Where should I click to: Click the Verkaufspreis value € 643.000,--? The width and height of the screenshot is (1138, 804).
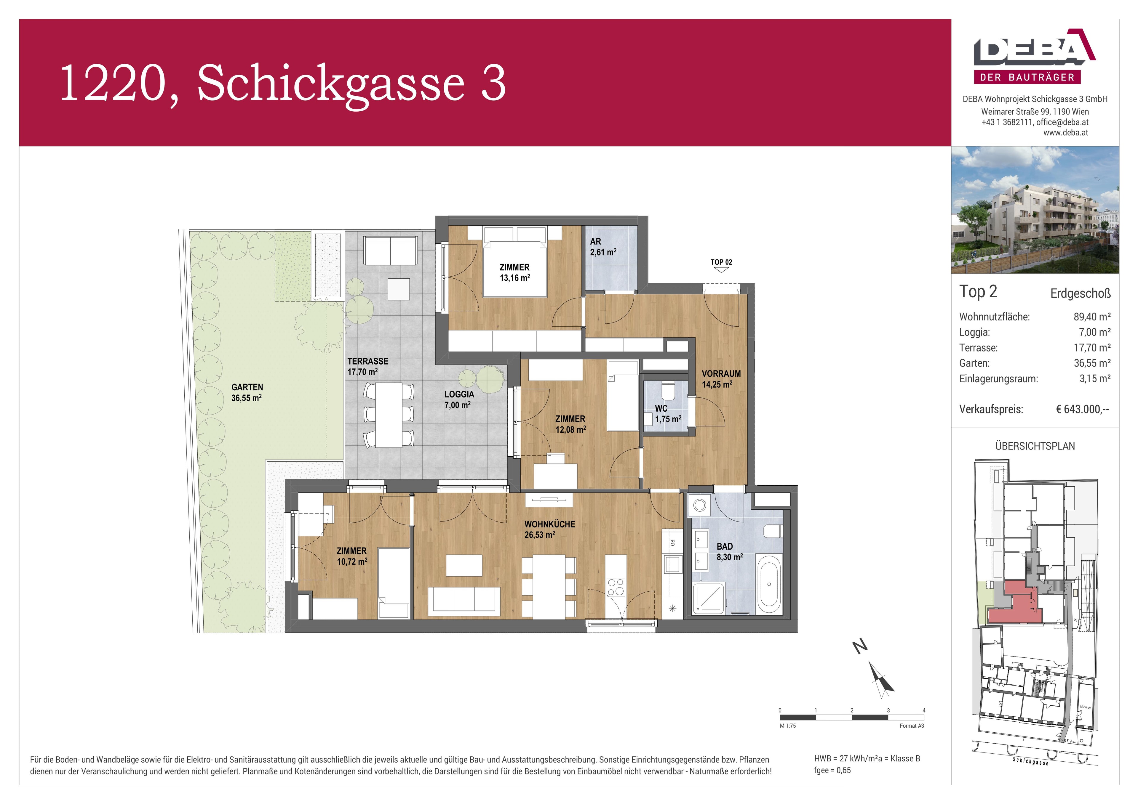pyautogui.click(x=1082, y=409)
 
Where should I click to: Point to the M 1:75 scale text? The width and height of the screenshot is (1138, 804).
pyautogui.click(x=788, y=726)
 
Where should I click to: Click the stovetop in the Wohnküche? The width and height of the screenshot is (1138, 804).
pyautogui.click(x=616, y=588)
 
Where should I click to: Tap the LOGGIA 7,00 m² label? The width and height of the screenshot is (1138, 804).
pyautogui.click(x=458, y=399)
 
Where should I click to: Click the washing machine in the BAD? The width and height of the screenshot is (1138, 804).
pyautogui.click(x=699, y=505)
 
